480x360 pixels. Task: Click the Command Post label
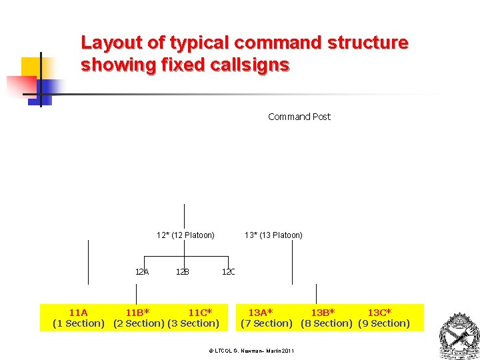click(299, 117)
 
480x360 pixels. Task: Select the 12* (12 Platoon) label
click(185, 235)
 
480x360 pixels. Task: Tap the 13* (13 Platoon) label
click(273, 235)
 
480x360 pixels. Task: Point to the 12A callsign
click(142, 272)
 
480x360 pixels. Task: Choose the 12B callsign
click(183, 272)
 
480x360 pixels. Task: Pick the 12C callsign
click(228, 272)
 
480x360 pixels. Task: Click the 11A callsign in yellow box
click(79, 313)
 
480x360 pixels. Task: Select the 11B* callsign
click(137, 313)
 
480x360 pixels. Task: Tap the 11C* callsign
click(200, 313)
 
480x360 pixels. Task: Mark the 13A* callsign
click(260, 313)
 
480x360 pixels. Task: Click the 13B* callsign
click(323, 313)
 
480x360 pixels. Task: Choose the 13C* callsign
click(379, 313)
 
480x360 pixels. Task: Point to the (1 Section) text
click(79, 324)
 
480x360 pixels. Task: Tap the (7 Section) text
click(267, 324)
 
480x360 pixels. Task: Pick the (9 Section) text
click(384, 324)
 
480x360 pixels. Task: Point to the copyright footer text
click(251, 351)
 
